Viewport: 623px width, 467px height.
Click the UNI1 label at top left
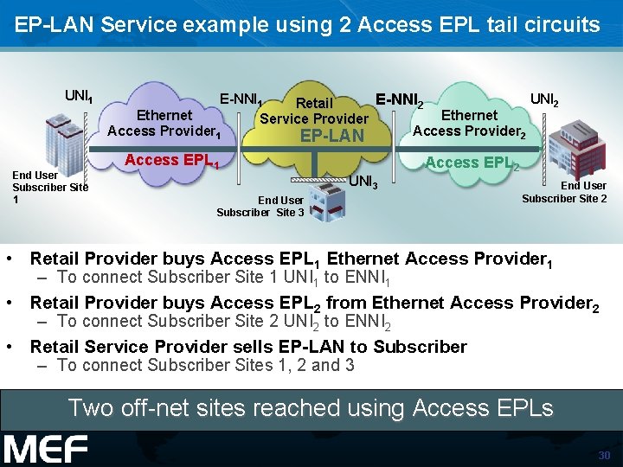[x=79, y=96]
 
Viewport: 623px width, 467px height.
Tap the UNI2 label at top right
[x=544, y=99]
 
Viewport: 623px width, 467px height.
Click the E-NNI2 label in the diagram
[x=399, y=102]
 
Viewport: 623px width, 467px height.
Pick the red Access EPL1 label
[x=171, y=160]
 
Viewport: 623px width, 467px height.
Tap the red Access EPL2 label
[x=472, y=163]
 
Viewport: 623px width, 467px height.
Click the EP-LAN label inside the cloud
[x=331, y=136]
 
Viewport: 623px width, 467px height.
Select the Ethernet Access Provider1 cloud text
[x=164, y=124]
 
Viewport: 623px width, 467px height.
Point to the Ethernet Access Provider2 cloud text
[x=468, y=124]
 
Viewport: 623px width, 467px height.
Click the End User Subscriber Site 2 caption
[x=563, y=192]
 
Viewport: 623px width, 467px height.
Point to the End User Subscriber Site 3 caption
[x=260, y=207]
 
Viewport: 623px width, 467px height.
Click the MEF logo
[x=45, y=449]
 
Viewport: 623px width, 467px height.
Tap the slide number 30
[x=604, y=456]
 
